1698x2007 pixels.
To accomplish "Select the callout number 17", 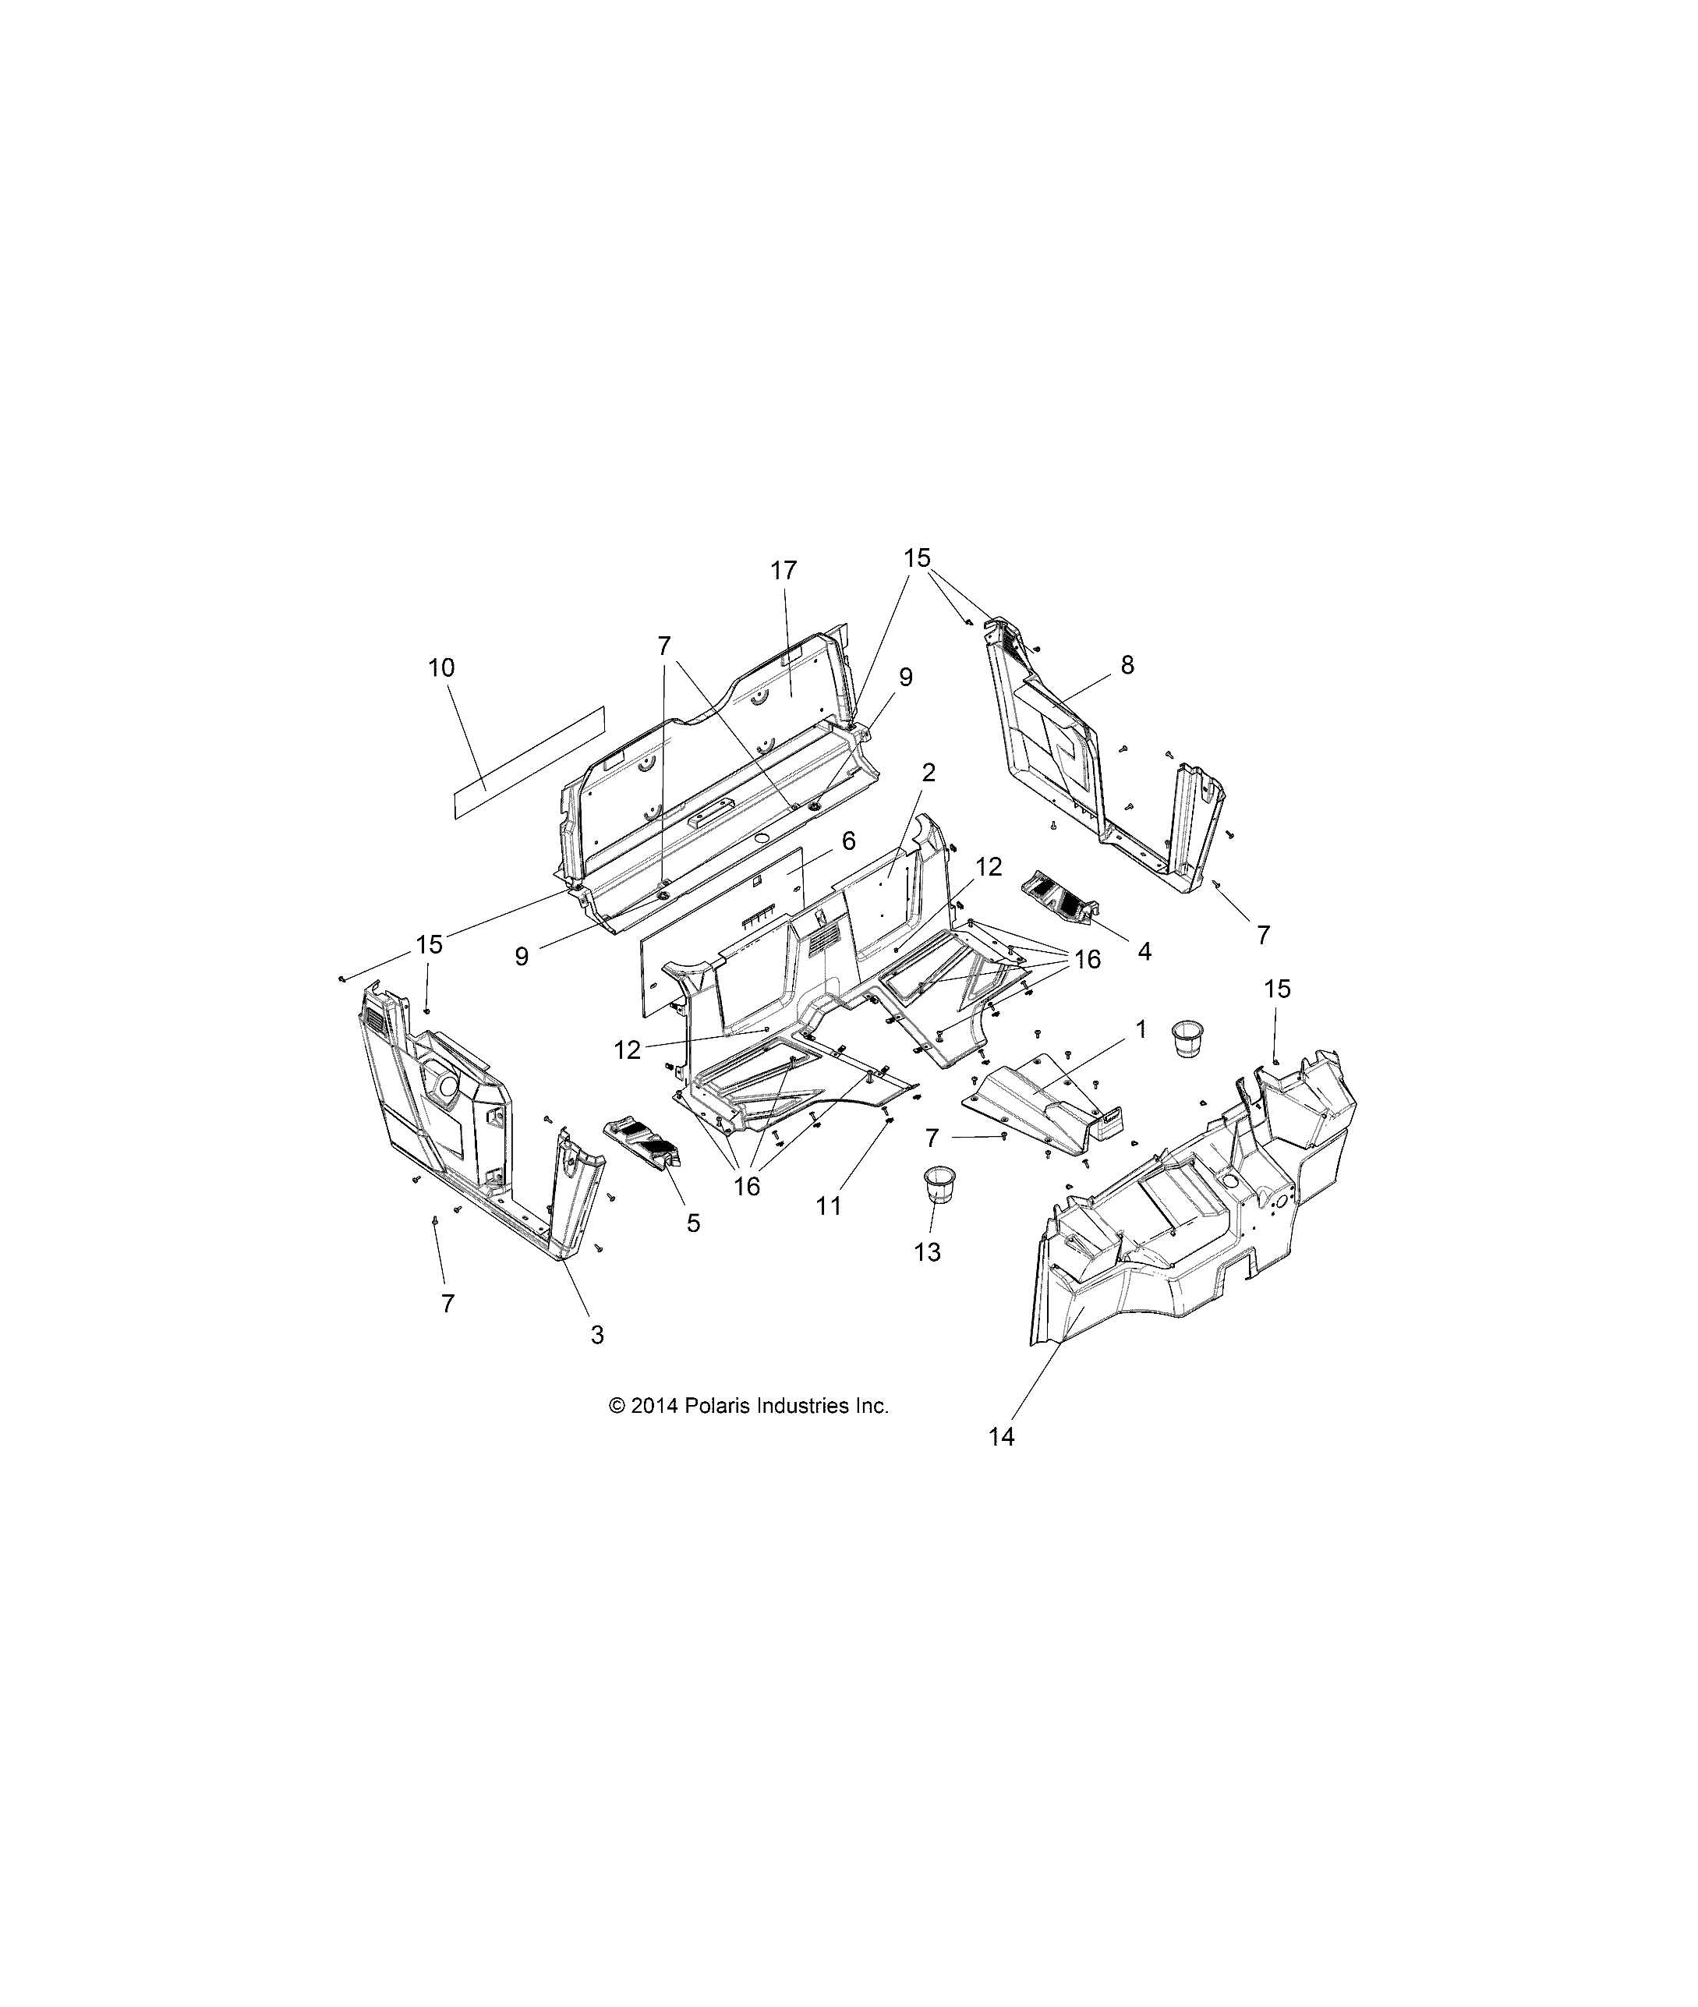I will click(784, 571).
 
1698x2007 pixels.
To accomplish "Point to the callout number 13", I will click(928, 1252).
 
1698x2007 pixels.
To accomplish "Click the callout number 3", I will click(597, 1335).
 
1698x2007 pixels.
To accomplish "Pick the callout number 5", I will click(693, 1223).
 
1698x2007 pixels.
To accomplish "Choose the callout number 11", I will click(828, 1205).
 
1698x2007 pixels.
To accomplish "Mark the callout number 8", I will click(1127, 665).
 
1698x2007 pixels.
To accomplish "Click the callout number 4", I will click(1144, 951).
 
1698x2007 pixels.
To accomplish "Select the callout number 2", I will click(928, 773).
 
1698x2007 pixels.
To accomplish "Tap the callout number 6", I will click(848, 841).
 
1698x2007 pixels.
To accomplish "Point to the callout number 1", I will click(1141, 1029).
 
